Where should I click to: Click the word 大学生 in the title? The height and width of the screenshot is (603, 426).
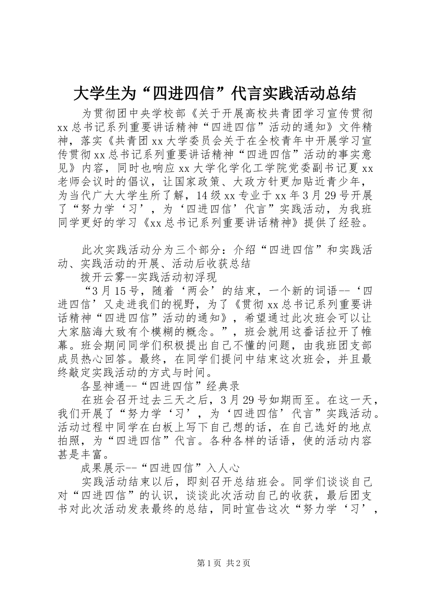tap(95, 93)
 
